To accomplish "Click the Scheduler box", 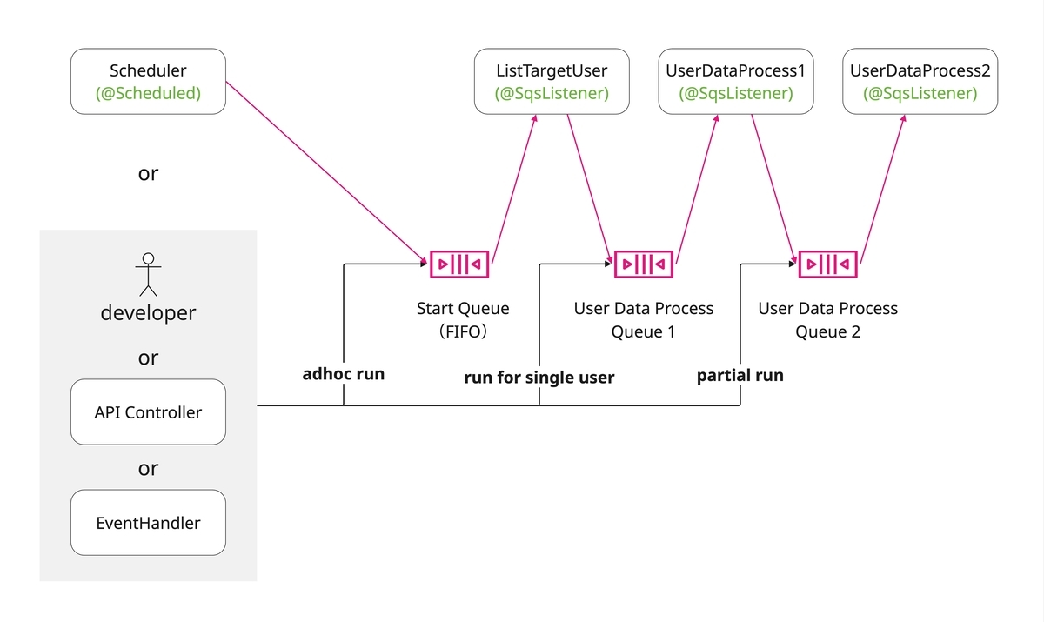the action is [x=148, y=82].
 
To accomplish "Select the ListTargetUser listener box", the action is [x=552, y=82].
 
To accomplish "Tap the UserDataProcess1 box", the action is [x=736, y=82].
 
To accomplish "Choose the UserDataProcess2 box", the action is [x=920, y=82].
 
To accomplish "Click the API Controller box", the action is [x=148, y=411].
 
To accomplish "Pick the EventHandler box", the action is [x=148, y=522].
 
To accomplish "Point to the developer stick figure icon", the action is [x=148, y=275].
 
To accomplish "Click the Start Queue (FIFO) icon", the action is [x=459, y=264].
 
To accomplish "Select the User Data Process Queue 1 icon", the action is [x=644, y=264].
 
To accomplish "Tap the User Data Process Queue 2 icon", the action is [x=827, y=264].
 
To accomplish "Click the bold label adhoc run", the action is [x=344, y=374].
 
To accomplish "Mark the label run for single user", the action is [x=539, y=378].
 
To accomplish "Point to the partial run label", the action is [x=740, y=376].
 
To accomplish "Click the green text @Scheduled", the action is [x=148, y=93].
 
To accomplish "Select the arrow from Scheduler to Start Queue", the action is [x=326, y=173].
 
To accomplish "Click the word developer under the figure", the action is [x=148, y=312].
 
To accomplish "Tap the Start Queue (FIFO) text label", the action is [x=463, y=319].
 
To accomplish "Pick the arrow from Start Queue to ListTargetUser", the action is [x=514, y=190].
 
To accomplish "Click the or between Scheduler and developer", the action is [x=148, y=174].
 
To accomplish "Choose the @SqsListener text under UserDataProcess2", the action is [x=920, y=93].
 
